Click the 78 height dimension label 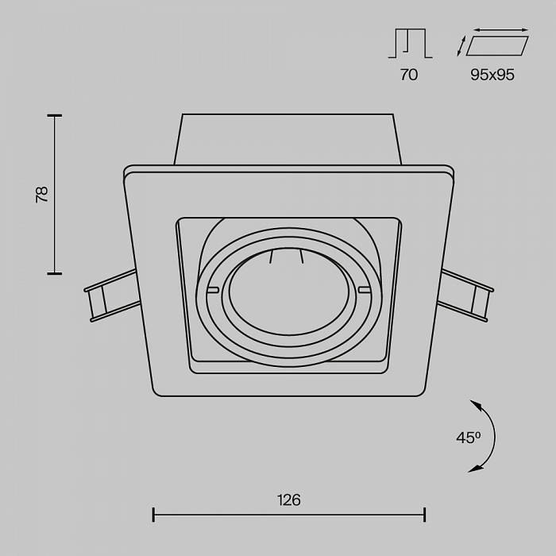pos(42,195)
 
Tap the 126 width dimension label pos(288,500)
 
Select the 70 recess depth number pos(409,75)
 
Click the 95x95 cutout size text pos(492,75)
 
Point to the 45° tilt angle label pos(468,438)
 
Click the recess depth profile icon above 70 pos(411,43)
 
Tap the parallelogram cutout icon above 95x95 pos(497,46)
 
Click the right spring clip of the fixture pos(465,295)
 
